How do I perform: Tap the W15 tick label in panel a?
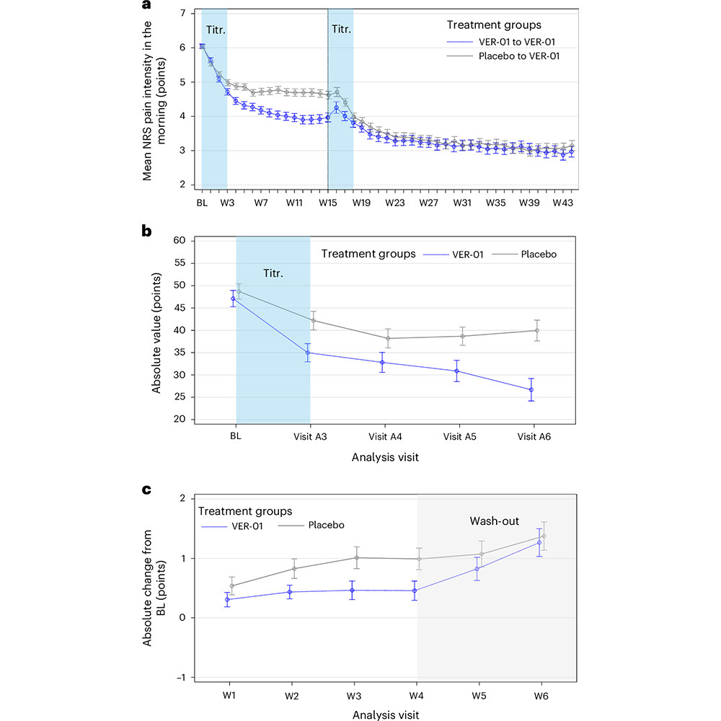328,204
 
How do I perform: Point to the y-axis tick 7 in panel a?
182,14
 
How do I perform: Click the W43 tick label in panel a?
563,204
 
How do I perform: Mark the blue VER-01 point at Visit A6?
531,390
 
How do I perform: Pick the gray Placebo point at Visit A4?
388,338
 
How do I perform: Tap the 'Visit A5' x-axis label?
461,436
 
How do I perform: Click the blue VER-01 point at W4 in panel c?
416,590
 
